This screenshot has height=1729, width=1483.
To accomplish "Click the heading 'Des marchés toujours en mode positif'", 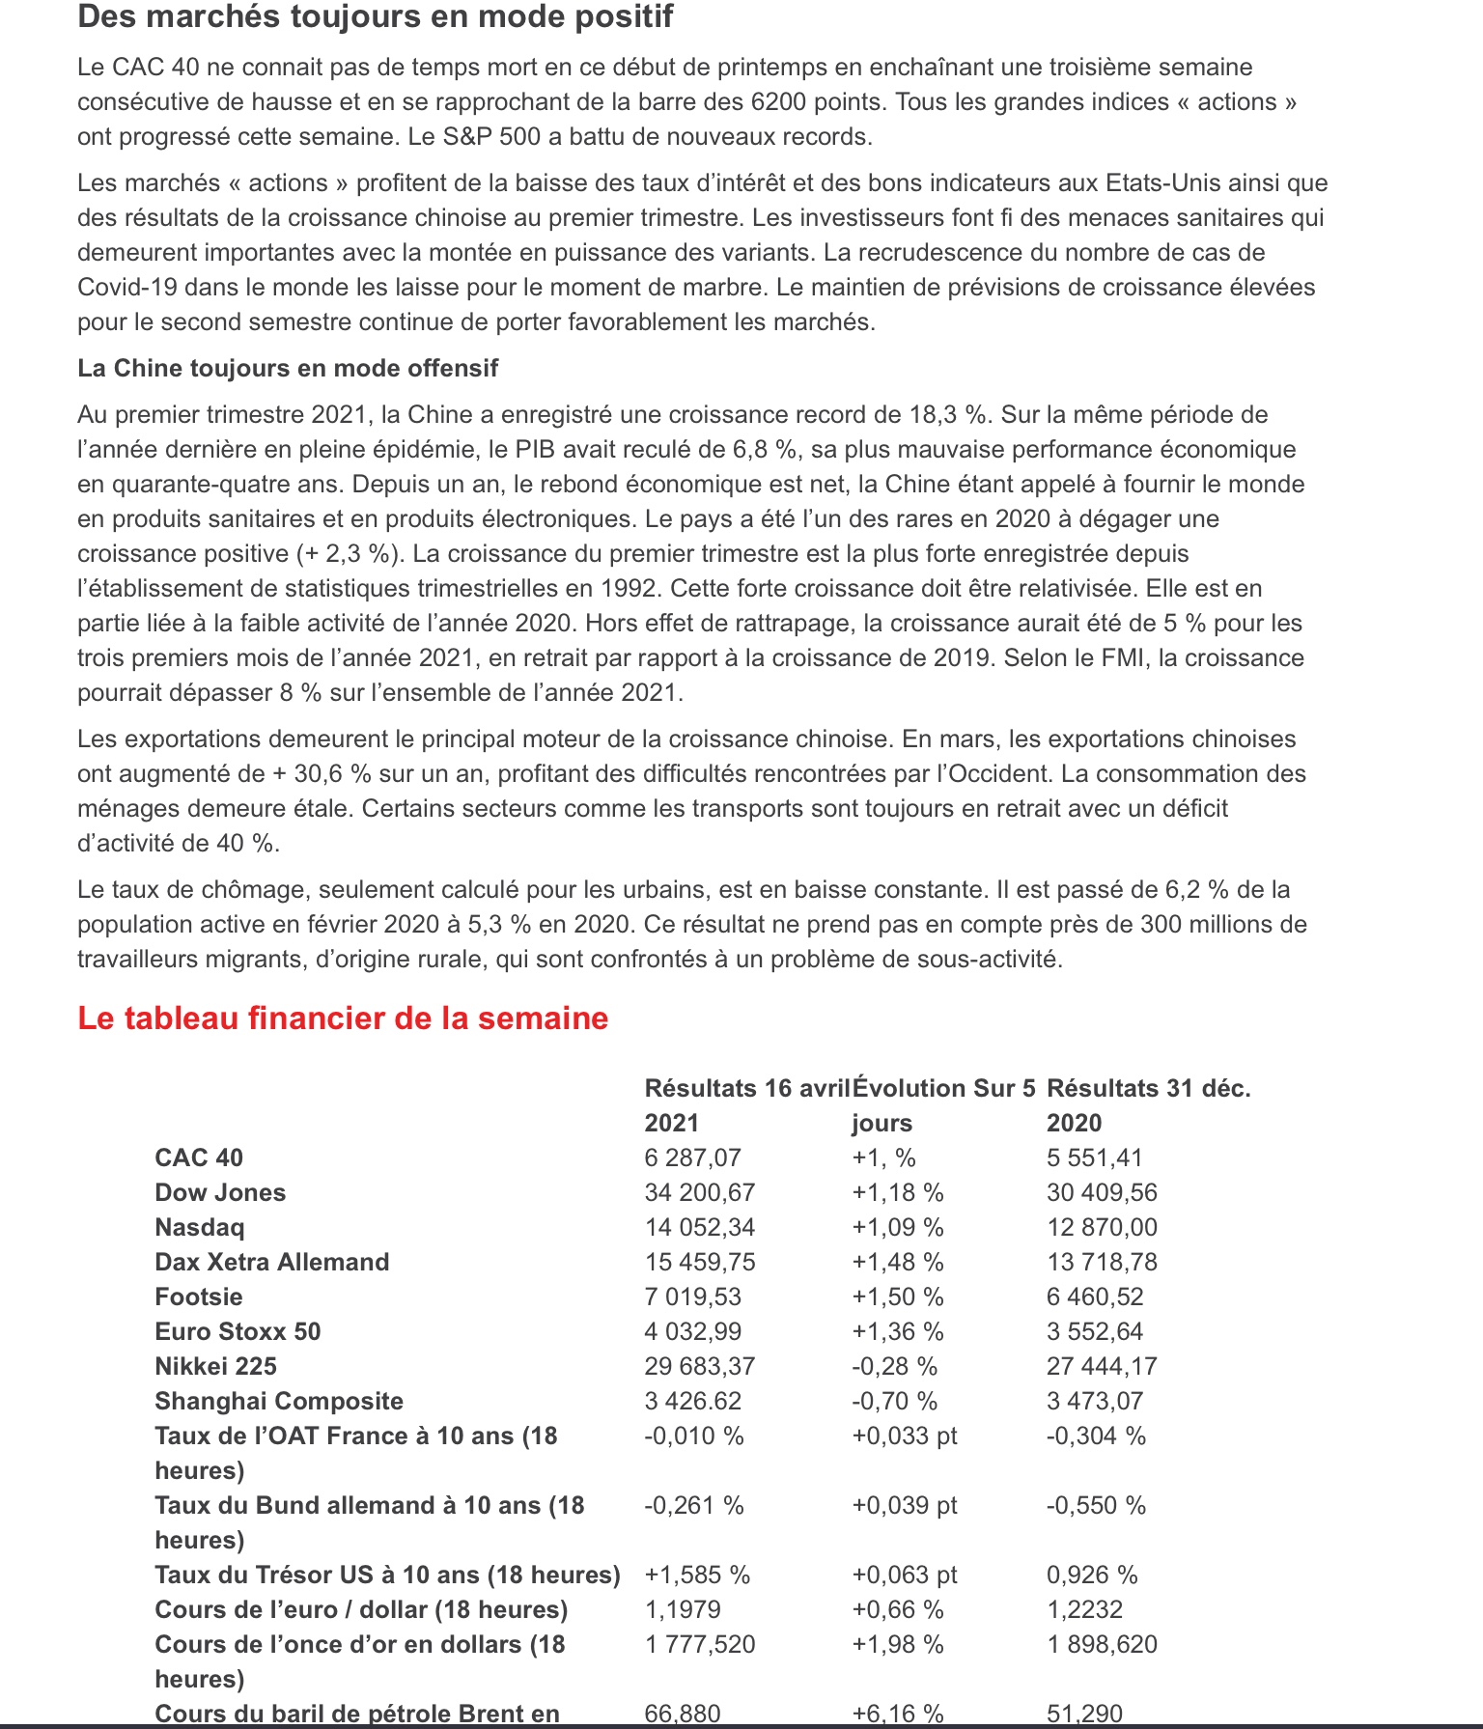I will (x=376, y=16).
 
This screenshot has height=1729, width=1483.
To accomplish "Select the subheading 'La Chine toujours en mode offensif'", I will (x=288, y=368).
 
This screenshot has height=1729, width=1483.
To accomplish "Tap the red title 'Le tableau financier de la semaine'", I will (x=343, y=1018).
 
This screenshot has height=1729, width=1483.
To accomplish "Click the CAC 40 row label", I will (x=199, y=1157).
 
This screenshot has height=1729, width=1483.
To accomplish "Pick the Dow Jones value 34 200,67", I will (x=699, y=1192).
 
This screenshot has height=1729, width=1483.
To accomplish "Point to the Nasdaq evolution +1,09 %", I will (x=897, y=1227).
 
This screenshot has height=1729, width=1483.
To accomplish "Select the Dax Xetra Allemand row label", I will (x=271, y=1262).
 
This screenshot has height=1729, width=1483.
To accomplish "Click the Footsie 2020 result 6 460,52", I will (x=1095, y=1297).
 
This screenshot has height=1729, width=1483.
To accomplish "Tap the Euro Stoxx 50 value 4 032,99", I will (x=692, y=1331).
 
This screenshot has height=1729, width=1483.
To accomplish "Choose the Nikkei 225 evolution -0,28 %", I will (x=894, y=1366).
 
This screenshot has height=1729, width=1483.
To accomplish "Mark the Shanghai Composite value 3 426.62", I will (x=692, y=1401).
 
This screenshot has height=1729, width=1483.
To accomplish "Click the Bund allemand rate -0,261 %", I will (x=693, y=1505).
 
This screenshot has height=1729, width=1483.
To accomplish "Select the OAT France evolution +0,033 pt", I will (x=904, y=1436).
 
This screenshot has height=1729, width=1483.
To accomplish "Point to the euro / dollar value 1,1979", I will (x=682, y=1609).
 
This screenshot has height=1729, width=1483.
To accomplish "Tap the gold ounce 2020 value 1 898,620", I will (x=1102, y=1644).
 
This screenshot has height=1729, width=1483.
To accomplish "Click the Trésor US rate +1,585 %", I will (x=697, y=1575).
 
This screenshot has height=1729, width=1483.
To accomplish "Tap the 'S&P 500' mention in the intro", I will (x=491, y=136).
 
